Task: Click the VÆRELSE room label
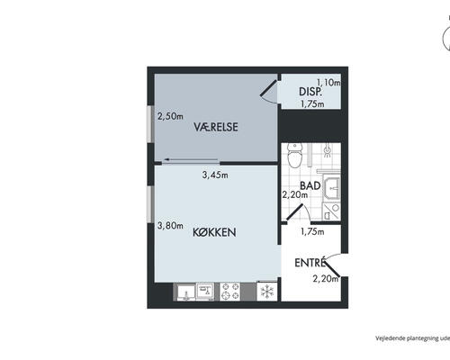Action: tap(216, 127)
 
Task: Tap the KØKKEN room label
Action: tap(214, 232)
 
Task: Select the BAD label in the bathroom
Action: tap(310, 185)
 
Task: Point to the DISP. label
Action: tap(310, 92)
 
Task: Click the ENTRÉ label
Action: tap(310, 263)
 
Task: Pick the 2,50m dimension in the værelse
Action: tap(170, 116)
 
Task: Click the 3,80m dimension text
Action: tap(170, 226)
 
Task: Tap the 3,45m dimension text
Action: tap(215, 175)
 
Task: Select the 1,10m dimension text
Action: tap(328, 82)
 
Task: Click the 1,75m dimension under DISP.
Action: tap(312, 103)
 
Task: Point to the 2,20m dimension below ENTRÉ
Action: tap(326, 279)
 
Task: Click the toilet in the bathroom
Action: tap(294, 156)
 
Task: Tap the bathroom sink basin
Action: tap(332, 188)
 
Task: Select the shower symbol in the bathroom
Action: tap(328, 150)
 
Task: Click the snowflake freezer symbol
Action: tap(267, 292)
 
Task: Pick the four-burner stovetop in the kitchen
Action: tap(230, 292)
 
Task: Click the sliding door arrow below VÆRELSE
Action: tap(191, 159)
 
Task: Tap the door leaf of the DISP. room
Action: tap(268, 88)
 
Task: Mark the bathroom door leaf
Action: tap(294, 211)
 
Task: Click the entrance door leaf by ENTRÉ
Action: tap(332, 268)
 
